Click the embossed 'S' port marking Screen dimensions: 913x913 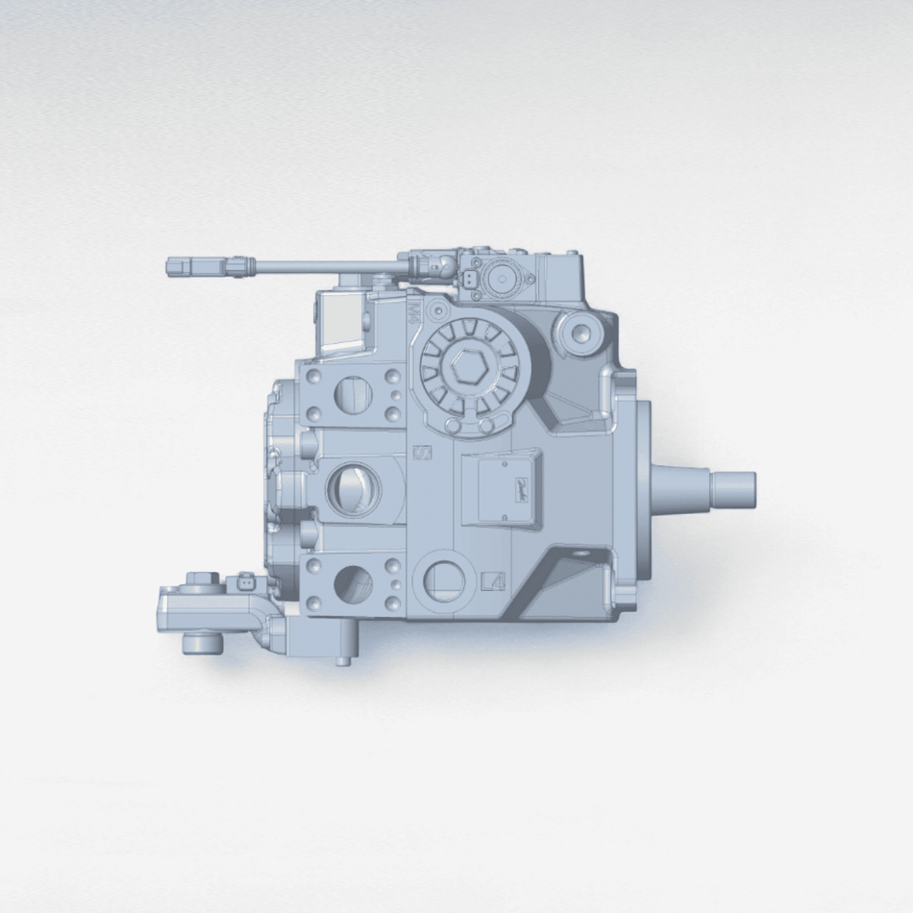click(x=421, y=452)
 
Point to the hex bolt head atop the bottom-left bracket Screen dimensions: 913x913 click(x=203, y=579)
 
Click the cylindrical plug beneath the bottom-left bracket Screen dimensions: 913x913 click(x=200, y=642)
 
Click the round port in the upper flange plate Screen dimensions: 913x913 click(x=350, y=392)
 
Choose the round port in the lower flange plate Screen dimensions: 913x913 click(x=351, y=584)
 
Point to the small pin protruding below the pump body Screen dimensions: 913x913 click(x=342, y=660)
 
